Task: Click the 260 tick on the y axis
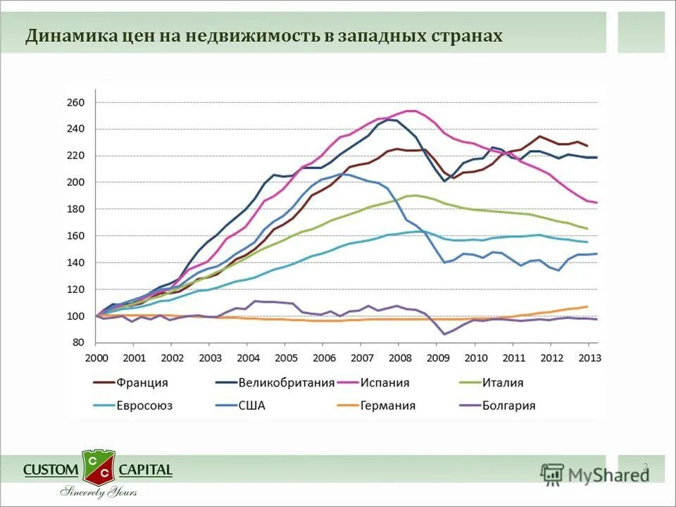pos(75,103)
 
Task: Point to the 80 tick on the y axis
pos(78,343)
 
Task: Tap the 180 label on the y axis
pos(75,209)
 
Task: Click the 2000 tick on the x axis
pos(96,358)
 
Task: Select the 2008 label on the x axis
pos(400,358)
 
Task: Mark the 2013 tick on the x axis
pos(589,358)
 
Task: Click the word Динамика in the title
pos(65,36)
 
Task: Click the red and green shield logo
pos(99,466)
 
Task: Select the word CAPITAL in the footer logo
pos(145,470)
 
